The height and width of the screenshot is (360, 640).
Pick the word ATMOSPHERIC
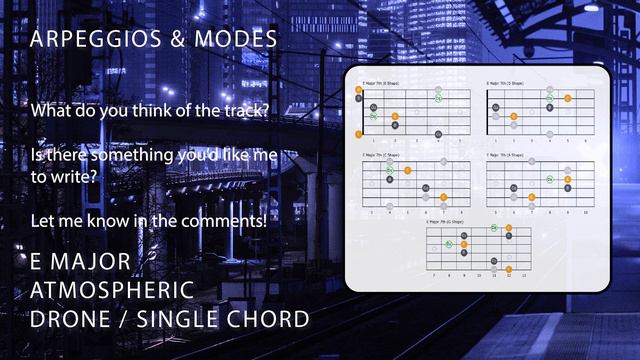tap(112, 291)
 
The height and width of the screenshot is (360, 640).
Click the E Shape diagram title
tap(380, 84)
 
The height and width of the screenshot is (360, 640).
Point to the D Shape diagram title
tap(506, 84)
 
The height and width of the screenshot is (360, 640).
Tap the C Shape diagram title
tap(381, 156)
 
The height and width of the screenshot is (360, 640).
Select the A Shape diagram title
tap(506, 156)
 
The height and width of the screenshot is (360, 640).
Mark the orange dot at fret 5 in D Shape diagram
tap(568, 98)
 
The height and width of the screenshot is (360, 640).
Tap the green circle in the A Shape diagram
tap(551, 179)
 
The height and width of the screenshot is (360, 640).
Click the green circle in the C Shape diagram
tap(390, 170)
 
